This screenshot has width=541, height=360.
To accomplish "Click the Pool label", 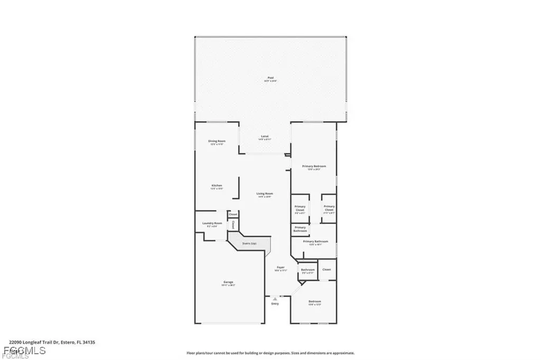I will click(x=270, y=79).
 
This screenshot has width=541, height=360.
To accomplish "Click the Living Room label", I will click(x=265, y=195).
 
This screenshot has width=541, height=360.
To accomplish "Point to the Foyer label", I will click(x=281, y=269).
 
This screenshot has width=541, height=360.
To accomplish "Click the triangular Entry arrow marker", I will click(x=275, y=299).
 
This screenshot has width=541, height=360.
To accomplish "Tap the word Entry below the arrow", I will click(x=275, y=304).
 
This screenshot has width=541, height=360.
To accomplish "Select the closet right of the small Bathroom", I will click(x=327, y=270).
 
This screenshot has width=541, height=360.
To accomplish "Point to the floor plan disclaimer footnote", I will click(x=270, y=353).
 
